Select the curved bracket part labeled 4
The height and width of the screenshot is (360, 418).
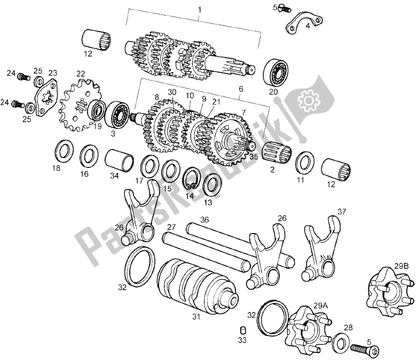[x=304, y=23]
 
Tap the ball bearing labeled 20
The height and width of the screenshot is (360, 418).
[x=277, y=72]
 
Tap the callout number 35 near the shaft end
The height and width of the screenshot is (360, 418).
[x=254, y=157]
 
